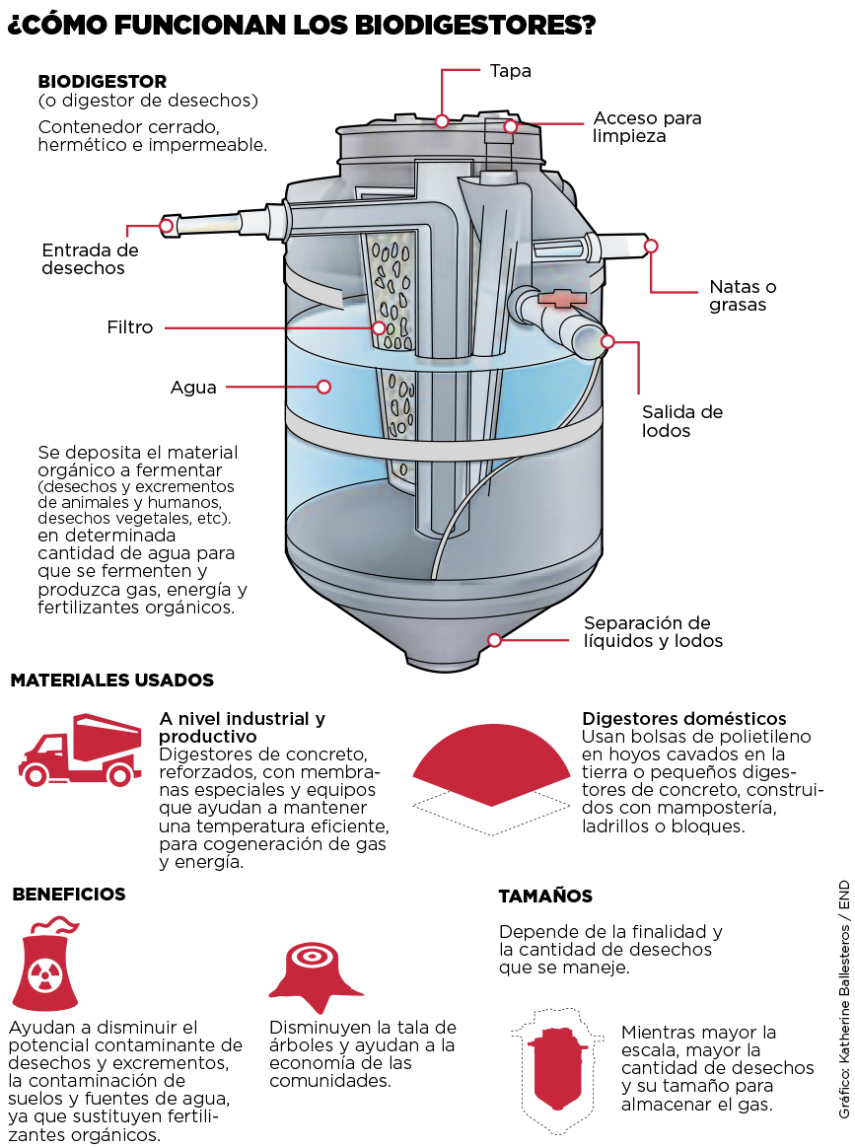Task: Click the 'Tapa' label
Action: click(x=510, y=71)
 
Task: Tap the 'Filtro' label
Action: click(x=130, y=327)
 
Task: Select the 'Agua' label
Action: click(x=193, y=388)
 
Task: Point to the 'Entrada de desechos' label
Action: click(x=90, y=258)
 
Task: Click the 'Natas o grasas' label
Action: click(x=743, y=296)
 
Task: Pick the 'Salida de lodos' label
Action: click(x=682, y=420)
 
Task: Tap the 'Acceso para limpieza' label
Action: click(x=647, y=126)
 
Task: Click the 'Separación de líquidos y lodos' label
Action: click(x=653, y=631)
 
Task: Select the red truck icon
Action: click(x=80, y=751)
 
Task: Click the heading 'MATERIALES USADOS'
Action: click(x=111, y=681)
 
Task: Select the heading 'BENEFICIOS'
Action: click(x=69, y=895)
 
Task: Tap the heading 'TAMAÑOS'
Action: click(x=545, y=897)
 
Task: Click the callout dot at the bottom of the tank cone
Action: click(x=495, y=639)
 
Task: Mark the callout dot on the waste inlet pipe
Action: click(x=167, y=226)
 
